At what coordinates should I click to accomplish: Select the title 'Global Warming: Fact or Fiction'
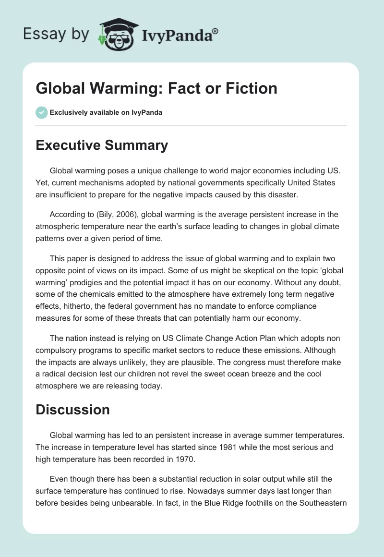click(156, 88)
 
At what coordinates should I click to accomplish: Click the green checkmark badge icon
click(41, 112)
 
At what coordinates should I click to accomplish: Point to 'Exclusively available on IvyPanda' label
click(106, 113)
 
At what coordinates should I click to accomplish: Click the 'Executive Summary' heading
click(102, 145)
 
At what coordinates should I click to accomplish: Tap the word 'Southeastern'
click(320, 502)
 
